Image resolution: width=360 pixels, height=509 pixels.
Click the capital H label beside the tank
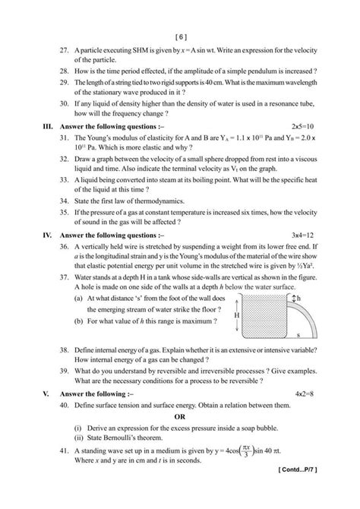coord(238,314)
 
